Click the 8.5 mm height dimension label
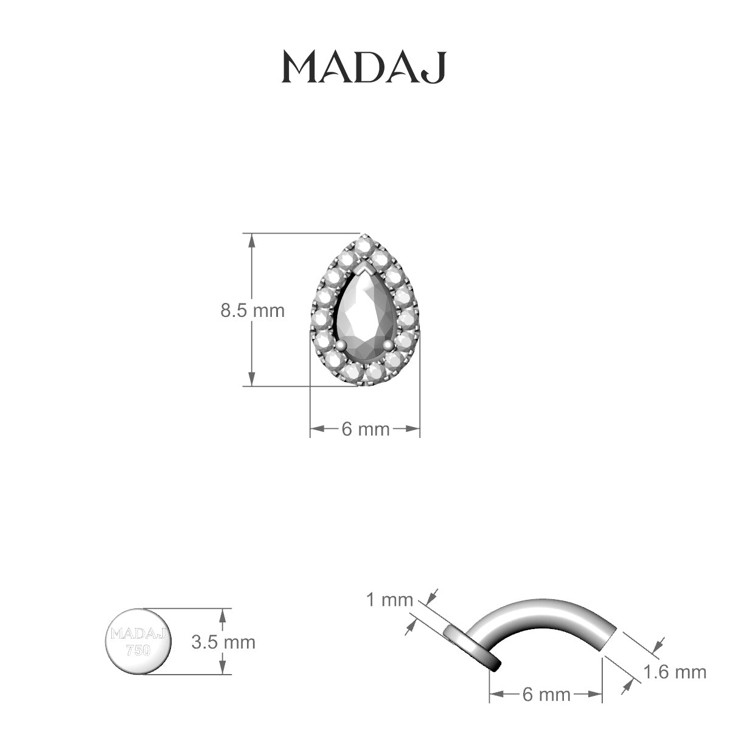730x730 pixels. pos(252,311)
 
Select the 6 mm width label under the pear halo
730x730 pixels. pos(365,429)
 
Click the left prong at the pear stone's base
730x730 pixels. pos(342,345)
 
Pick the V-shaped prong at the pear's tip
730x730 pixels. pos(365,268)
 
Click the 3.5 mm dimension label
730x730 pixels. pos(223,642)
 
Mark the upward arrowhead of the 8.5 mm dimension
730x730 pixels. pos(250,240)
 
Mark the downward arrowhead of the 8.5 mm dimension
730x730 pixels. pos(250,380)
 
